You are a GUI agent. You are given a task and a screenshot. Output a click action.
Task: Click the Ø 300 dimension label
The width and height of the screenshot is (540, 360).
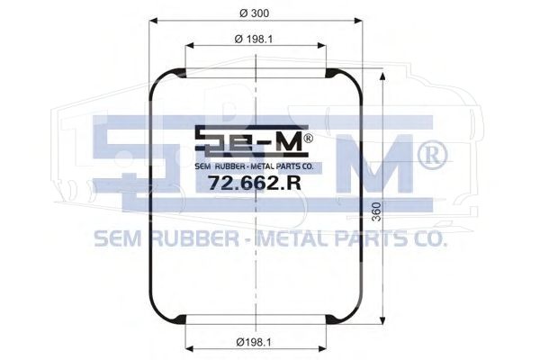click(254, 13)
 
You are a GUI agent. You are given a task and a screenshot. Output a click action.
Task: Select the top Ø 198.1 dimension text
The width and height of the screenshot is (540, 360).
click(254, 40)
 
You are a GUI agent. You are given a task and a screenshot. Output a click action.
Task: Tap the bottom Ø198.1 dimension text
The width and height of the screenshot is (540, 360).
click(254, 342)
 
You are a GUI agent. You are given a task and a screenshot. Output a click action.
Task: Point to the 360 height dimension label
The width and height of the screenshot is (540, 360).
click(377, 211)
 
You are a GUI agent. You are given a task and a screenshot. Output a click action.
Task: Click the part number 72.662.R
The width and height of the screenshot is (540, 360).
click(255, 183)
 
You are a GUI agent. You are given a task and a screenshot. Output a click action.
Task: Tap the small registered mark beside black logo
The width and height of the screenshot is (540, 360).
click(308, 139)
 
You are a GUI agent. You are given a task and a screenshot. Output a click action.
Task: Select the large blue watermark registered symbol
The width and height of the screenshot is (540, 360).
click(433, 156)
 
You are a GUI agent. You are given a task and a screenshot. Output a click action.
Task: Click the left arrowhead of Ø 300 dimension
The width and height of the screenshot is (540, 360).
click(153, 21)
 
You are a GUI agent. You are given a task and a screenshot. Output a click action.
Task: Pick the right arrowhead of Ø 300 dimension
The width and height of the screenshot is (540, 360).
click(358, 21)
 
